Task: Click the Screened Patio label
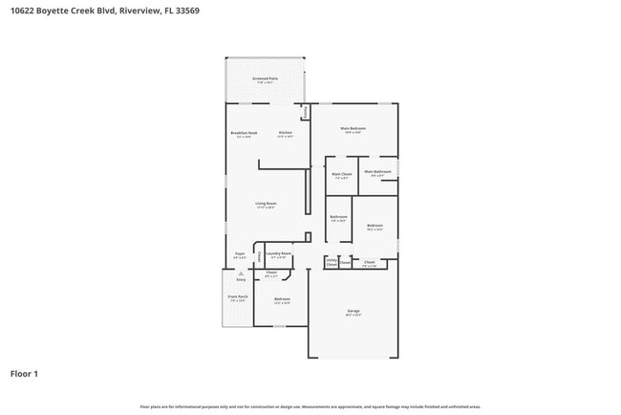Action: click(265, 78)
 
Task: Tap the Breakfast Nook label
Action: click(244, 133)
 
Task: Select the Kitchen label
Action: click(285, 133)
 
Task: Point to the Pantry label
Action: click(306, 112)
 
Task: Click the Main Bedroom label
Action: click(353, 128)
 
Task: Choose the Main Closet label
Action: click(342, 174)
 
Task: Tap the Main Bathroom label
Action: click(375, 172)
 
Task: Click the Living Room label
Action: click(266, 203)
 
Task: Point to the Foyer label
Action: click(240, 254)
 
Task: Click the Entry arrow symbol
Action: click(241, 273)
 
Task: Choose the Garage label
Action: click(353, 312)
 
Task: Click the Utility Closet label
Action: click(331, 260)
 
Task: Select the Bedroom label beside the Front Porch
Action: click(282, 300)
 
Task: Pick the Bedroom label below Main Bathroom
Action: click(375, 226)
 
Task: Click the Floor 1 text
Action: click(24, 373)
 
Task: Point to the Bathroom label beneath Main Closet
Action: click(338, 217)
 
